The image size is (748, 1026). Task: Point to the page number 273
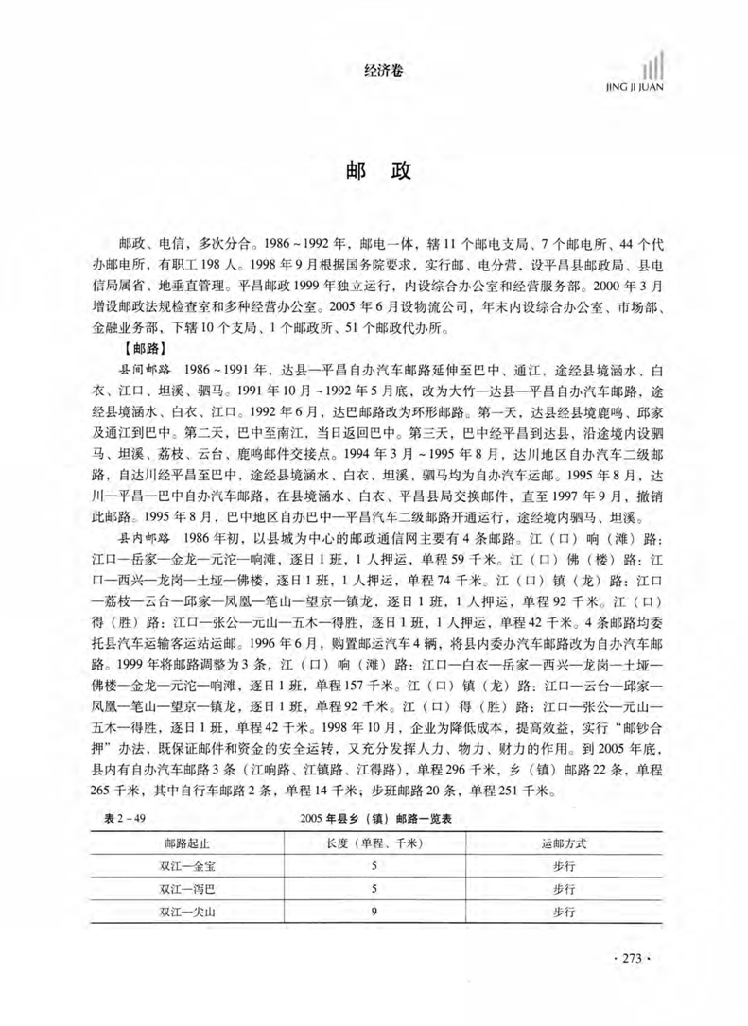click(633, 959)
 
